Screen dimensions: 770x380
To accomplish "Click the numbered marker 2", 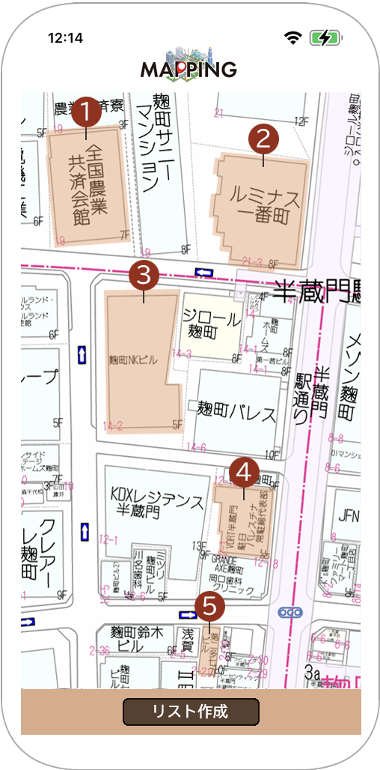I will tap(263, 138).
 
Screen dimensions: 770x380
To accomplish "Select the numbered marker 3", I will tap(144, 275).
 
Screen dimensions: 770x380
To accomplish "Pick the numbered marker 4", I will tap(244, 471).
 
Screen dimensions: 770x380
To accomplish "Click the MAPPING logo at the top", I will tap(189, 64).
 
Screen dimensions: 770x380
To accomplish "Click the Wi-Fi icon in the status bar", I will tap(292, 37).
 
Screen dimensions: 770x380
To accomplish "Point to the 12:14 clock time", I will tap(65, 38).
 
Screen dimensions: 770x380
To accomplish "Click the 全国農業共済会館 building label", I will tap(88, 186).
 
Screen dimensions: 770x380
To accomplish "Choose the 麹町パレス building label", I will tap(236, 411).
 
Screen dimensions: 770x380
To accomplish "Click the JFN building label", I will tap(349, 515).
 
